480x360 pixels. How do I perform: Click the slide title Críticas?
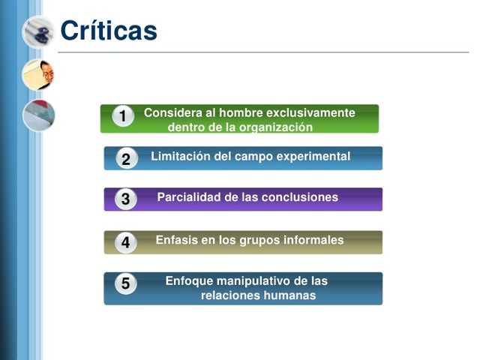[109, 31]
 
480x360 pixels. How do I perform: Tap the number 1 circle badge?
[123, 116]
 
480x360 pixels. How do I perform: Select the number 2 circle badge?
[126, 158]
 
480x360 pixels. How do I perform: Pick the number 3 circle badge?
[126, 199]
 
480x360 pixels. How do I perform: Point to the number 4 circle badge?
[126, 242]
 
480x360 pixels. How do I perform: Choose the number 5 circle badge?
[126, 283]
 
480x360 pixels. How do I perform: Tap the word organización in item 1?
[275, 127]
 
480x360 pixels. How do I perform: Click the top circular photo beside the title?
[37, 31]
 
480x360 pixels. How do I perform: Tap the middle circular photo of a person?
[37, 74]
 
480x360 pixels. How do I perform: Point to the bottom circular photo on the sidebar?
[37, 115]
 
